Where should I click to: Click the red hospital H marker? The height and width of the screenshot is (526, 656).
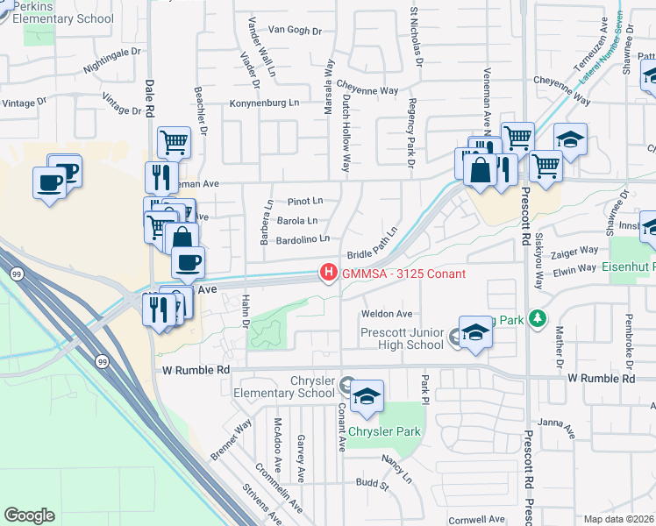click(x=329, y=274)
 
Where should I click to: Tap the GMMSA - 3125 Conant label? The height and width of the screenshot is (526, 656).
click(x=402, y=274)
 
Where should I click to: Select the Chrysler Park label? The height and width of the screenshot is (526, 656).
click(x=384, y=431)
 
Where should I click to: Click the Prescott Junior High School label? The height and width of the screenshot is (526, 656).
click(x=402, y=338)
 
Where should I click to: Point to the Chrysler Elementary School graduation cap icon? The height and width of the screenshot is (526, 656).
click(x=367, y=397)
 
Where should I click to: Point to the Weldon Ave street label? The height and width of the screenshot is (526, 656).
click(x=387, y=314)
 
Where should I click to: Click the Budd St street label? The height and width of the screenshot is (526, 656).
click(x=372, y=483)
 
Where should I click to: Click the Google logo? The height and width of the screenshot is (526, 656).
click(x=29, y=515)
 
